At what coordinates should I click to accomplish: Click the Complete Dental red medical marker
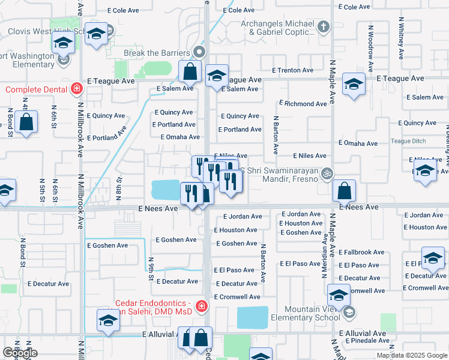pos(76,90)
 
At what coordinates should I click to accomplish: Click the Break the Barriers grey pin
pos(200,52)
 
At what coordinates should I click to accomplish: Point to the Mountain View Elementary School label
pos(305,313)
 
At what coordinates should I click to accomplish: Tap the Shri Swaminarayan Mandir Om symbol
pos(327,173)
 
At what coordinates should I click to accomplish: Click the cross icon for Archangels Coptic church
pos(324,26)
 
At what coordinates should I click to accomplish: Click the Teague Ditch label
pos(408,141)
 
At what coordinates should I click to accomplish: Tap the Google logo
pos(20,353)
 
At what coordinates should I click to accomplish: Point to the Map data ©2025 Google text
pos(411,355)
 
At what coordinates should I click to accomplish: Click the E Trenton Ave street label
pos(293,70)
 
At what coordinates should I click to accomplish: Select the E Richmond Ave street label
pos(303,104)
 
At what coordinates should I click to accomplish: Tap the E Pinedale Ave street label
pos(364,341)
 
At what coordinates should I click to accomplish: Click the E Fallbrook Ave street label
pos(361,253)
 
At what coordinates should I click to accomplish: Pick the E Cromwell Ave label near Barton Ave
pos(238,297)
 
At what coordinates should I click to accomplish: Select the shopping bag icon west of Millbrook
pos(28,122)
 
